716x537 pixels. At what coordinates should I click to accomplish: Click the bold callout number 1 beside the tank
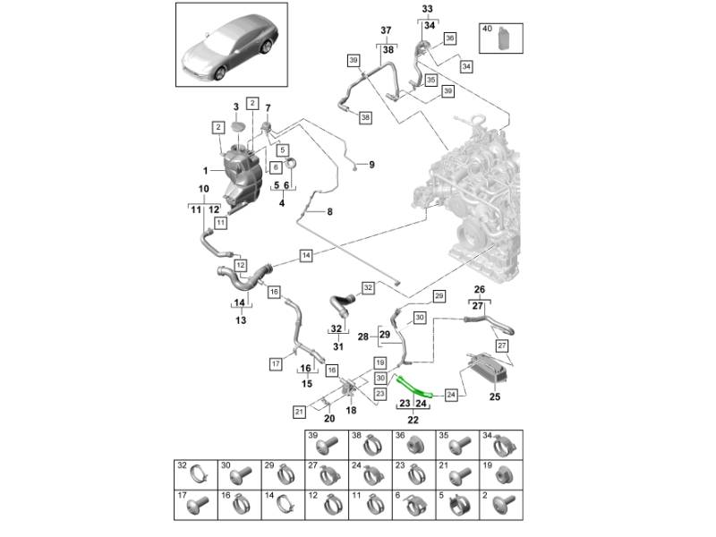point(205,170)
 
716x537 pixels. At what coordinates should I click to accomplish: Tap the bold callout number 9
point(372,165)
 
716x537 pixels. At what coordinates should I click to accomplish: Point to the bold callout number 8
point(328,212)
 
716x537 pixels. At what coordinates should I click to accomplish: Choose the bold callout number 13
point(240,320)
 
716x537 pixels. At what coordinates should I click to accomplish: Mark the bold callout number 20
point(328,418)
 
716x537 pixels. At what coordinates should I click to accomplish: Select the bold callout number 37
point(387,30)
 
